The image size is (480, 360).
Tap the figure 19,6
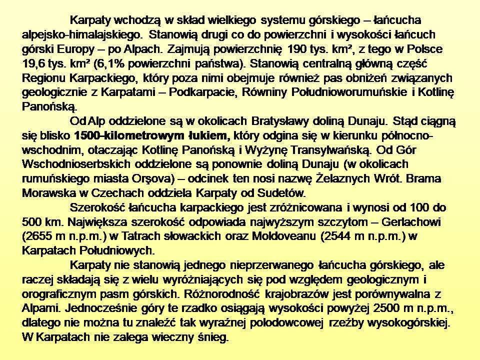coord(34,64)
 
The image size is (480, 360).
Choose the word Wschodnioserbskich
coord(76,164)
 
